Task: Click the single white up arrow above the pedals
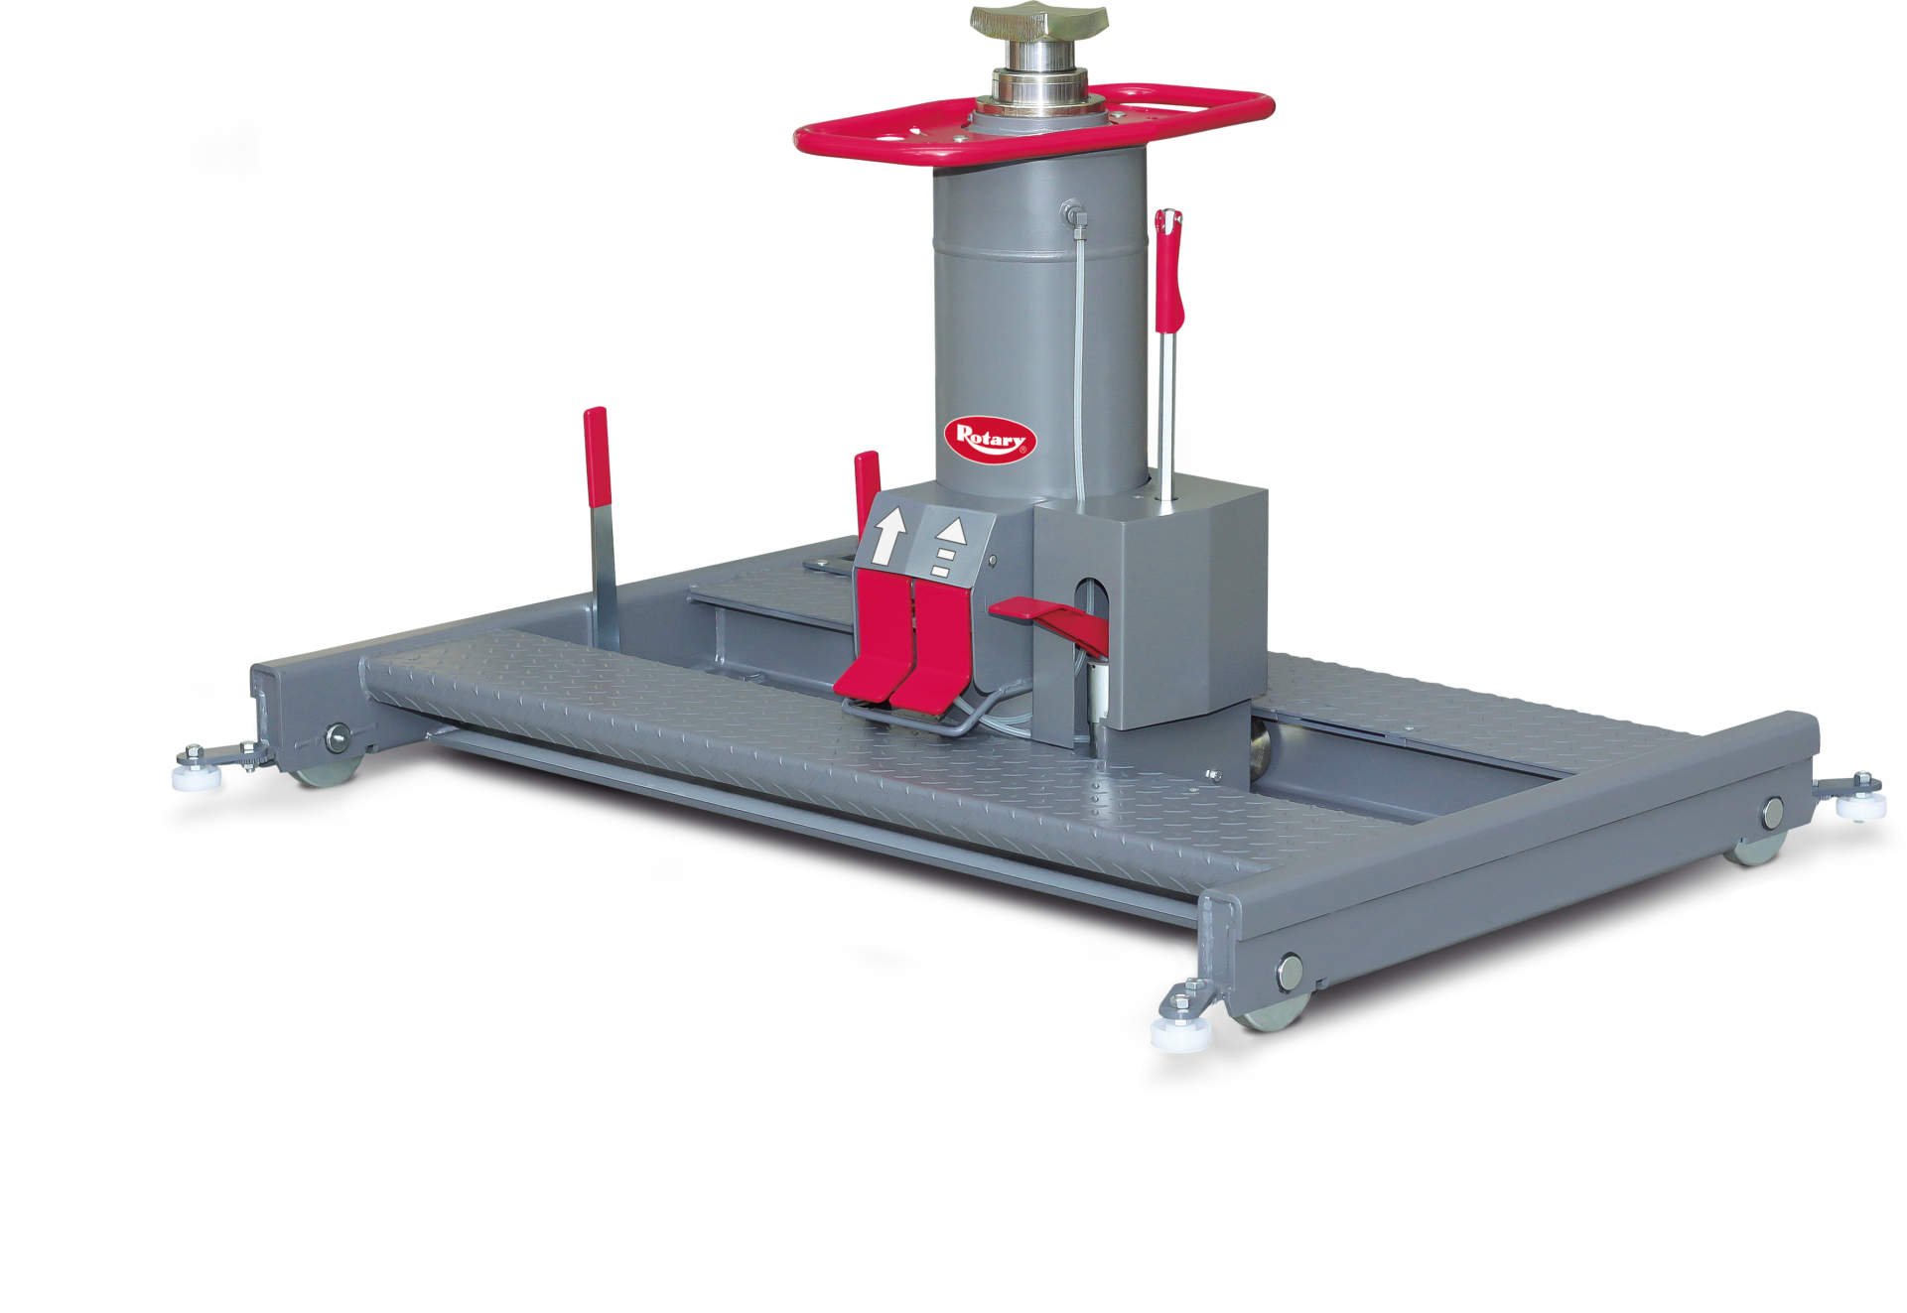tap(888, 536)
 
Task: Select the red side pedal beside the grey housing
tap(1048, 622)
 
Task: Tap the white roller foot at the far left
tap(196, 775)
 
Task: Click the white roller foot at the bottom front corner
tap(1180, 1033)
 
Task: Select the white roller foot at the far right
tap(1860, 805)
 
